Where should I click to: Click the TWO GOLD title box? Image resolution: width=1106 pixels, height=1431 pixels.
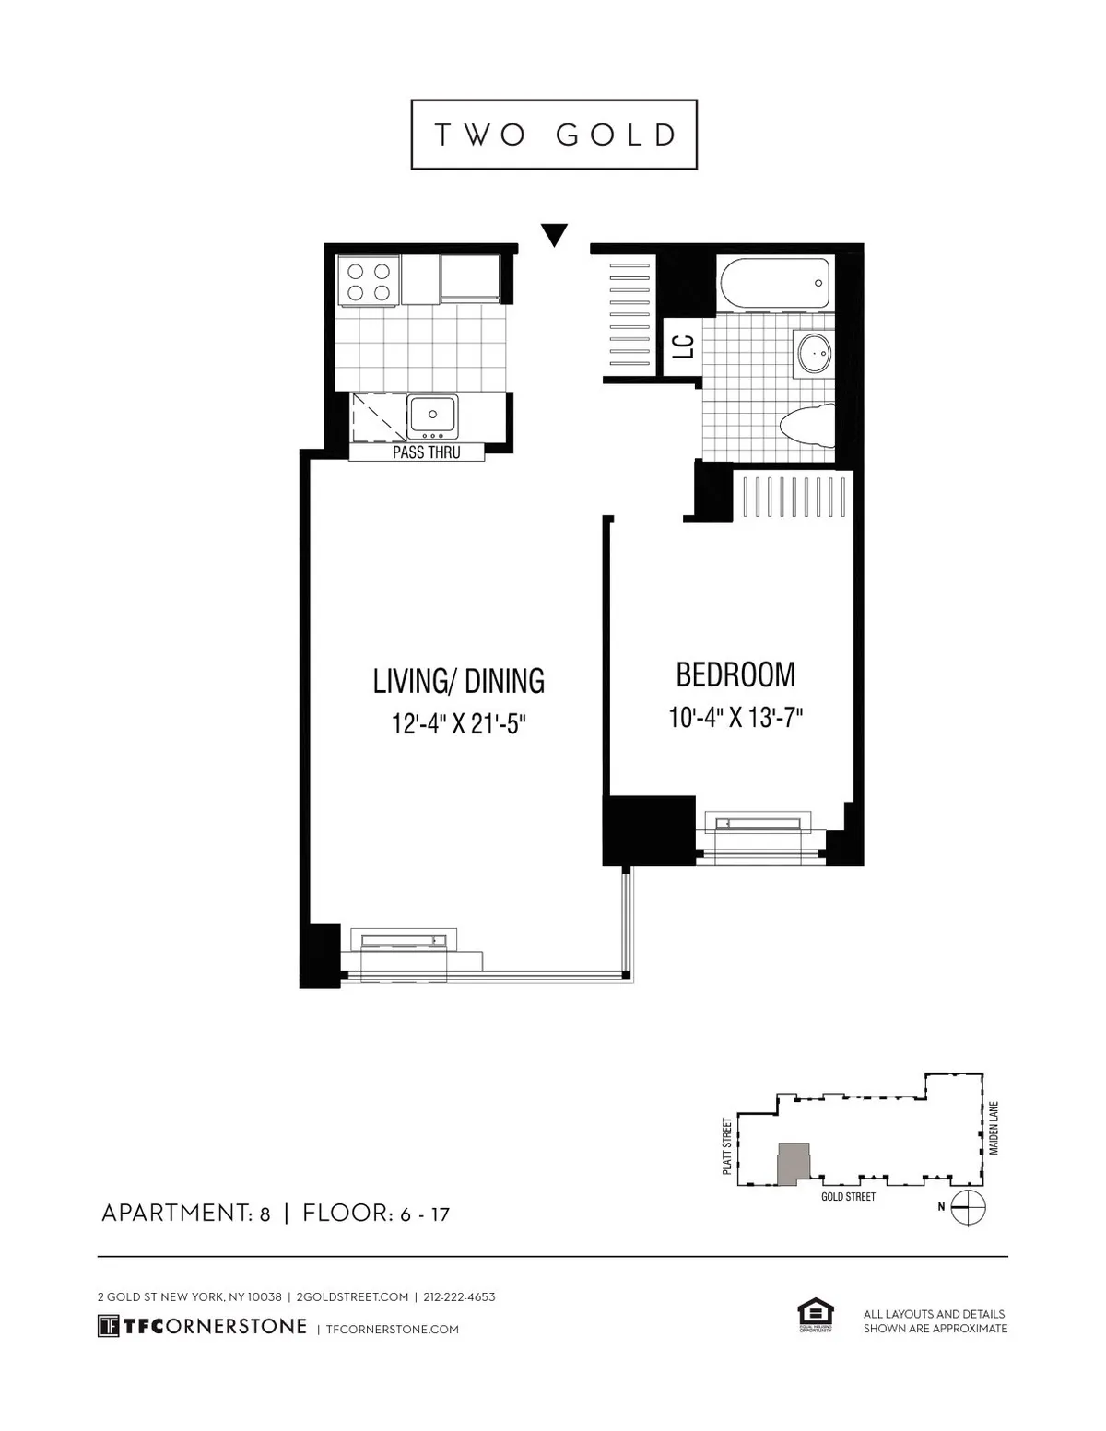coord(553,135)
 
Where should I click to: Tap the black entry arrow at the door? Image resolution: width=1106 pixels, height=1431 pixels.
coord(553,234)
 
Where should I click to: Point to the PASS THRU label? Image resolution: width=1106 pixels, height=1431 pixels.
coord(426,452)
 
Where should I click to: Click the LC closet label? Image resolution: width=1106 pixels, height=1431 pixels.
coord(683,346)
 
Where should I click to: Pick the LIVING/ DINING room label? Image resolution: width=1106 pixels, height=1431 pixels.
coord(458,681)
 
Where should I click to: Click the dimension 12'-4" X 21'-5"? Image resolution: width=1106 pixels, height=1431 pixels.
coord(458,724)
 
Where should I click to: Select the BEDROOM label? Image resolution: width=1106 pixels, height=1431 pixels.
coord(735,674)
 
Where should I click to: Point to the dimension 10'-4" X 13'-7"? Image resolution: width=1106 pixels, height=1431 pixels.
coord(735,718)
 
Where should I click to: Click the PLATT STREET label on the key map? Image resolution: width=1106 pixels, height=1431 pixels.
coord(727,1145)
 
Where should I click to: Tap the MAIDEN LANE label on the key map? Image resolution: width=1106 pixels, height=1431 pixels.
coord(994,1129)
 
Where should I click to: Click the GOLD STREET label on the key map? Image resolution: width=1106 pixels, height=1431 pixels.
coord(848,1196)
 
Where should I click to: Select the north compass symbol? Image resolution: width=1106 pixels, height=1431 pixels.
coord(968,1206)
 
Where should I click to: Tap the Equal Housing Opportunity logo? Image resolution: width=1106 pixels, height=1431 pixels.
coord(815,1316)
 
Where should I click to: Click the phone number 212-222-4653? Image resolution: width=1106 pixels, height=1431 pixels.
coord(459,1296)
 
